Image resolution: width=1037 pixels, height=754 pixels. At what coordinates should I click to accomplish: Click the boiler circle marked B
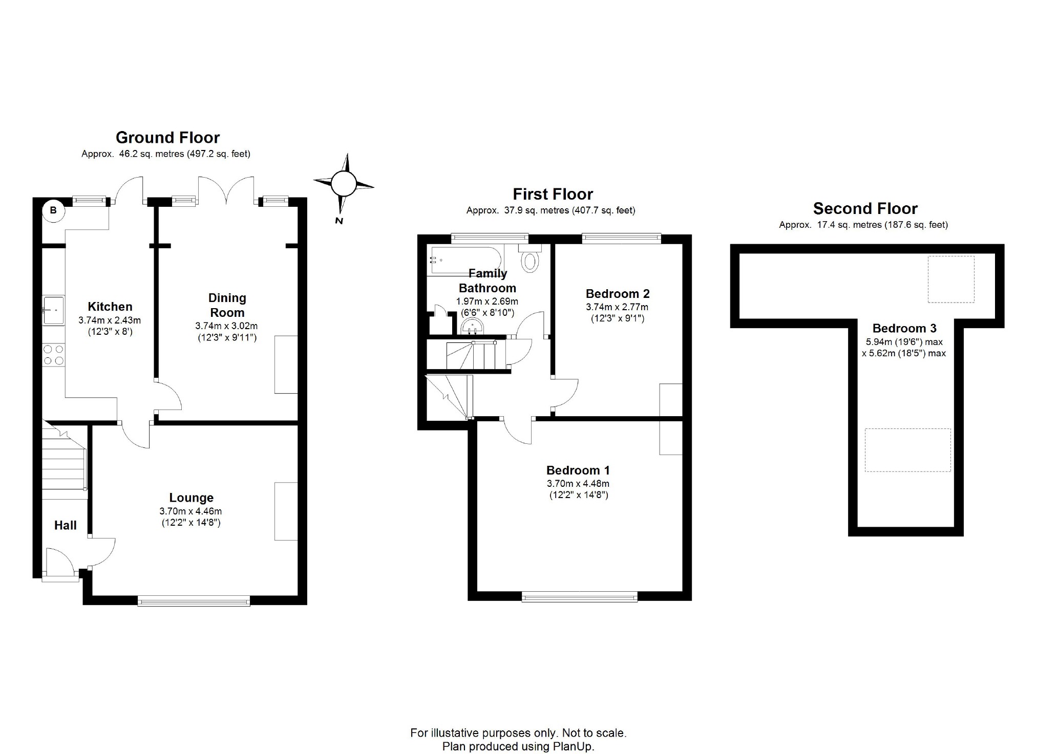53,211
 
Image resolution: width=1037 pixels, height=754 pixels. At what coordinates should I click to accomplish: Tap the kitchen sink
53,310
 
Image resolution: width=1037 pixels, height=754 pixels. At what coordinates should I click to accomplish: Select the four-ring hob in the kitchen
54,355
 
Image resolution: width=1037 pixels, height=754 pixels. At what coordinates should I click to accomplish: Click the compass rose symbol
343,184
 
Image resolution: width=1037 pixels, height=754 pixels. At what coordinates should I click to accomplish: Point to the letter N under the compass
338,221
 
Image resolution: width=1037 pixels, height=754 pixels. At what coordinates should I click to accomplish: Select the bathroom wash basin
472,326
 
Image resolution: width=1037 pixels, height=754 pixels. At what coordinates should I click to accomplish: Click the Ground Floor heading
167,138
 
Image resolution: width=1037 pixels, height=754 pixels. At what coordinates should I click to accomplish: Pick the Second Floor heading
865,208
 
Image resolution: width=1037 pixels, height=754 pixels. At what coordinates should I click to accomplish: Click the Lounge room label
192,498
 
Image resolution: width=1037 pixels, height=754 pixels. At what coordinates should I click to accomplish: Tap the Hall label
66,525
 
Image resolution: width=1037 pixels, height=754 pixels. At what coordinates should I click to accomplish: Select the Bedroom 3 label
904,329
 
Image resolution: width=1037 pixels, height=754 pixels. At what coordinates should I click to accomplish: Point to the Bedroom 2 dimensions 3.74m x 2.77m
617,307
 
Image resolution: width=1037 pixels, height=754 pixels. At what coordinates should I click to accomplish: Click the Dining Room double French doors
226,191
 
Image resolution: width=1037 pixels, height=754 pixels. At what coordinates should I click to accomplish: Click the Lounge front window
194,601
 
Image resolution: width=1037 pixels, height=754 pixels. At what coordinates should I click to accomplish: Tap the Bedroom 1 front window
580,596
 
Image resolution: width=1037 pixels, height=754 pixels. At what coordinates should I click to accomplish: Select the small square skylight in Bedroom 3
951,279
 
